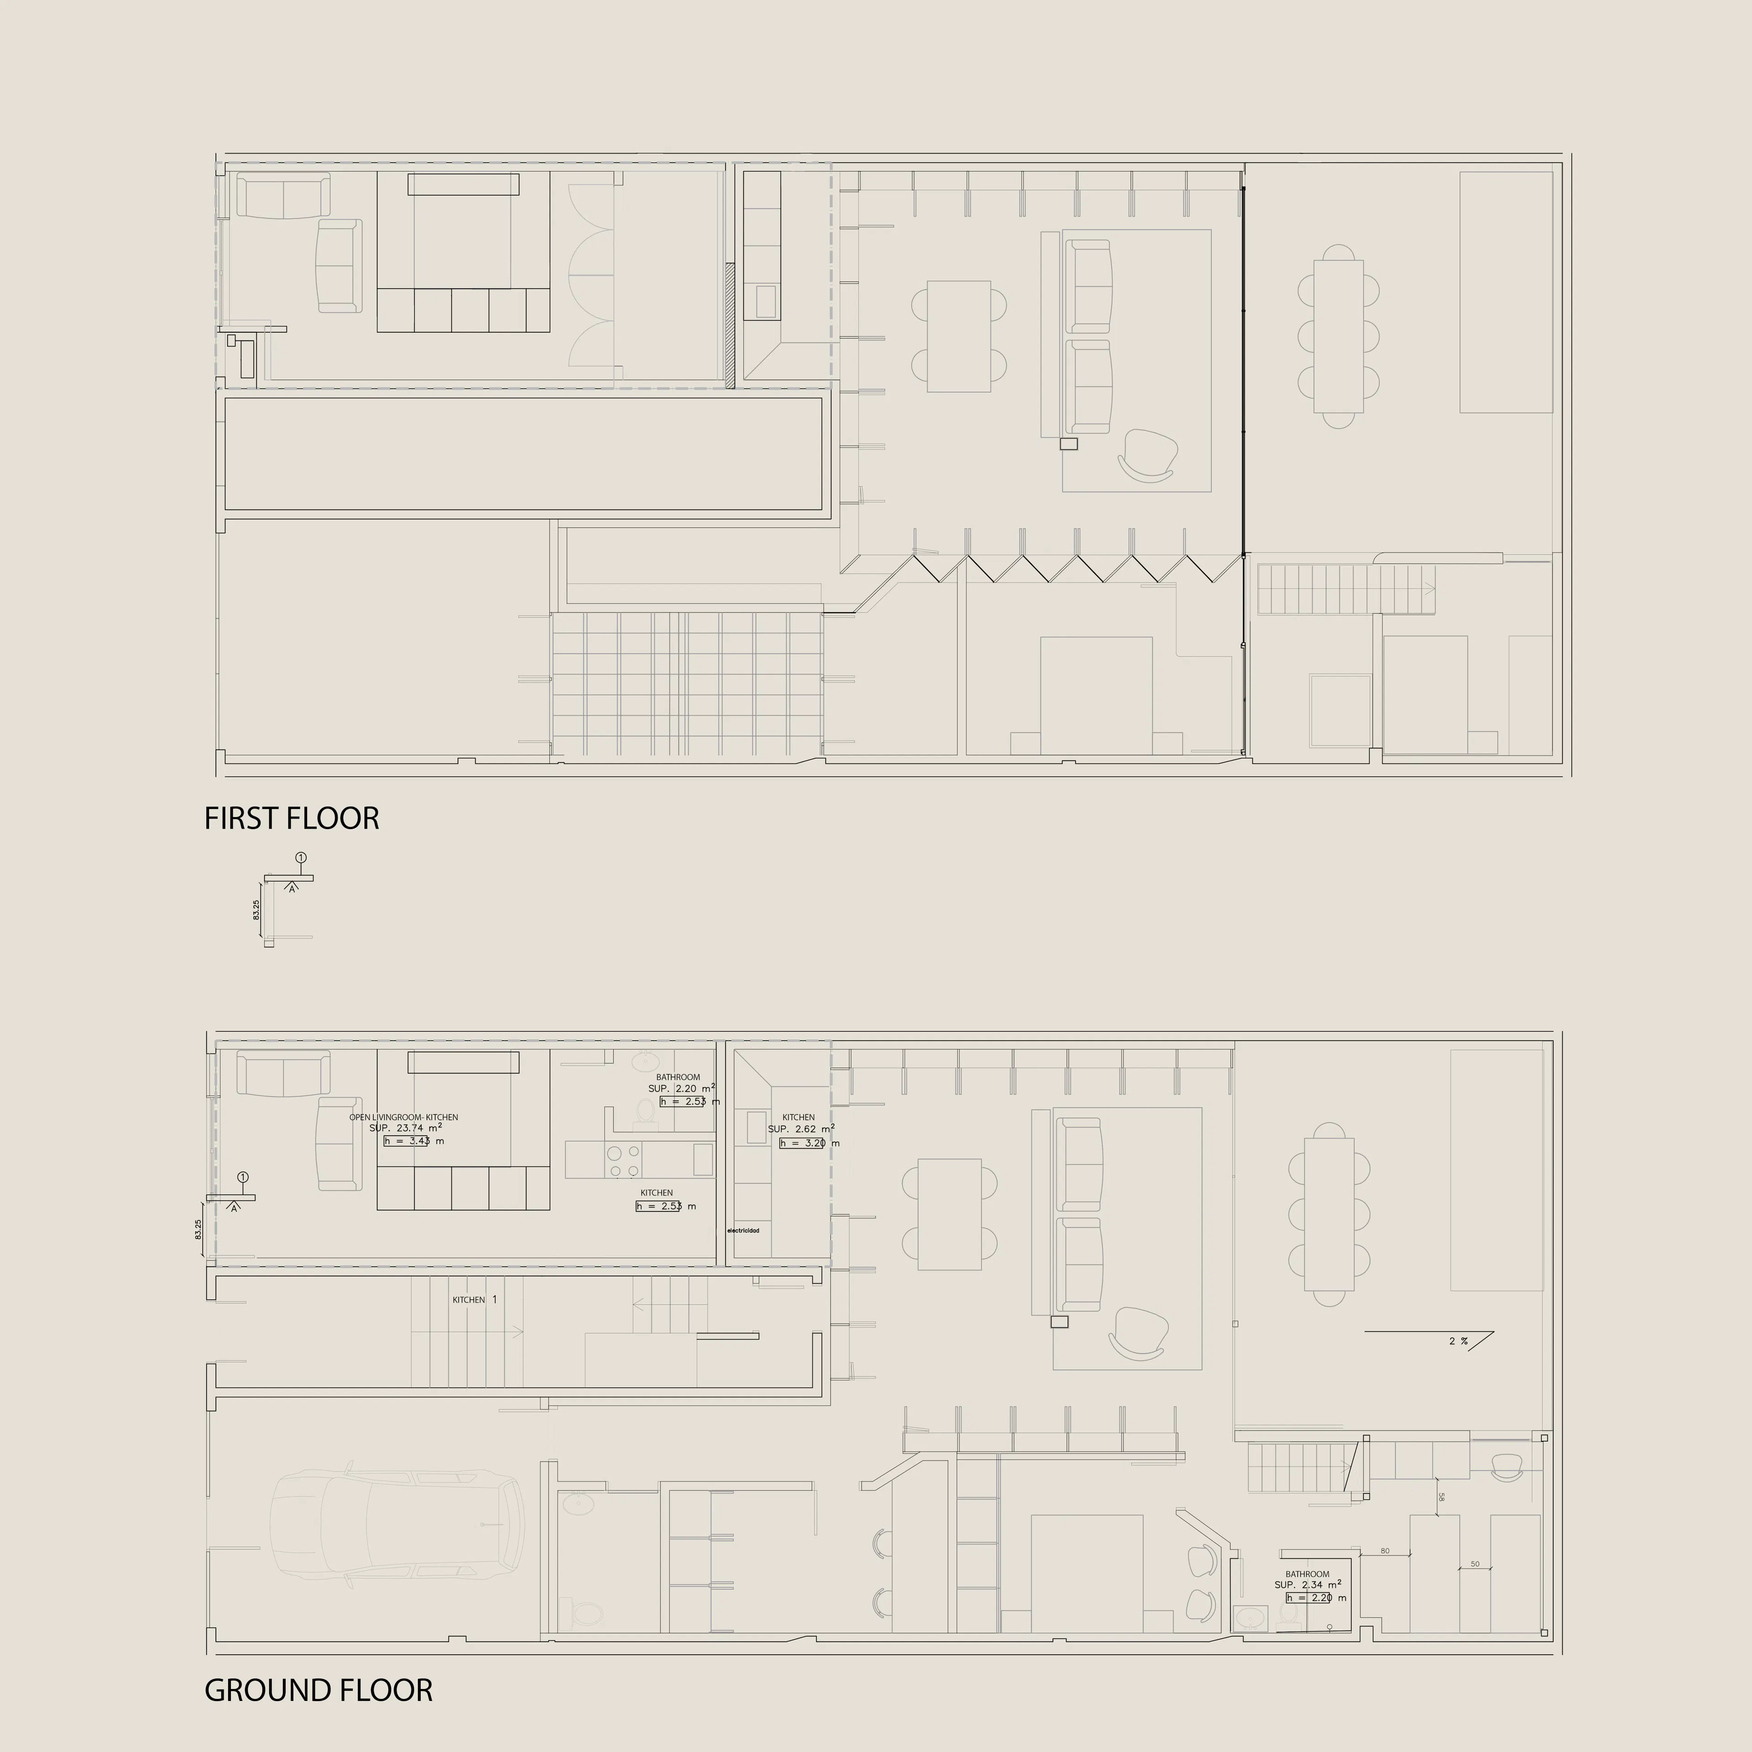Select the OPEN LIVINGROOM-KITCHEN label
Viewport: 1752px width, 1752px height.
point(403,1117)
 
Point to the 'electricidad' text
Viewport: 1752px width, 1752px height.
point(743,1231)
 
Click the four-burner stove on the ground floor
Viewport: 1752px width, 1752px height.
point(623,1161)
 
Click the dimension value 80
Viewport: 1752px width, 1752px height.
point(1385,1551)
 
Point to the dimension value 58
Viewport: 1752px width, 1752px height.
point(1441,1497)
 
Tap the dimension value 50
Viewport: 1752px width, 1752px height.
point(1475,1564)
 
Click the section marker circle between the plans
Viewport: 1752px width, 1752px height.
point(301,857)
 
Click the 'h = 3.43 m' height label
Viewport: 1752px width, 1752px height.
point(413,1141)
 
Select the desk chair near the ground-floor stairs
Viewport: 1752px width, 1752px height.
point(1507,1466)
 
